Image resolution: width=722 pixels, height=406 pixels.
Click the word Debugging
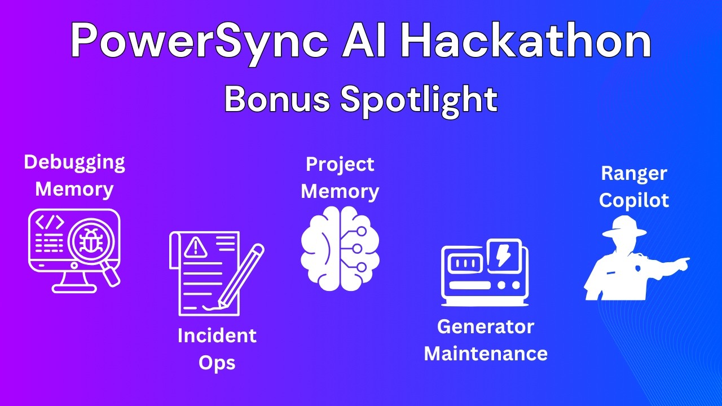point(74,162)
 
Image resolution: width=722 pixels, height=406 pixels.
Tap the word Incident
point(217,336)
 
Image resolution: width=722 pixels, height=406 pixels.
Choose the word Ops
point(217,363)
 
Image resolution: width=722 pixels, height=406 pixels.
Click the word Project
point(340,165)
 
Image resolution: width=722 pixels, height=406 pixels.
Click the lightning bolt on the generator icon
point(501,255)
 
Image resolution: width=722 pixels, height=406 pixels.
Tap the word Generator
point(486,326)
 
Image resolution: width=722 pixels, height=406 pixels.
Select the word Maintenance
point(486,354)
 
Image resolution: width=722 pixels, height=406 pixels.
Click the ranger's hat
point(624,228)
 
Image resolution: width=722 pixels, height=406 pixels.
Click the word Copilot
point(634,200)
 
